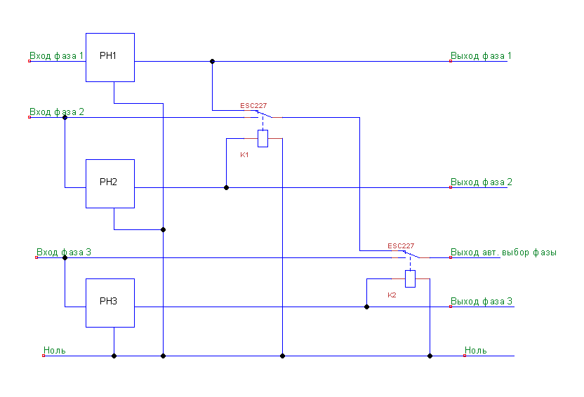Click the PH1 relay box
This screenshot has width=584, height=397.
tap(110, 57)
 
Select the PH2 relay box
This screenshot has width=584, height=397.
tap(110, 183)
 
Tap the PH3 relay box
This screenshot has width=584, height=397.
tap(110, 302)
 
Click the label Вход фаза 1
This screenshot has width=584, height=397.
tap(57, 55)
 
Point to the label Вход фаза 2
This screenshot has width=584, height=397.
tap(57, 112)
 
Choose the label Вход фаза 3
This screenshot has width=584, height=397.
tap(64, 252)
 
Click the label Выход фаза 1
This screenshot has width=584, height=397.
tap(481, 55)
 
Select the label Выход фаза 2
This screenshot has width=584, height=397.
tap(481, 182)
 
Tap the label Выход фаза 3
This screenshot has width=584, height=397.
tap(481, 301)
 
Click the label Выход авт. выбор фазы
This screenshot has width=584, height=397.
tap(503, 252)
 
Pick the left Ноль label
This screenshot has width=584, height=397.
tap(54, 350)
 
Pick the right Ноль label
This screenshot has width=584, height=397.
tap(475, 350)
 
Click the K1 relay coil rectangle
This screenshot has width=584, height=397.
tap(263, 139)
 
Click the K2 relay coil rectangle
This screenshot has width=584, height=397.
tap(410, 279)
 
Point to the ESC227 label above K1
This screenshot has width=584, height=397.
tap(253, 106)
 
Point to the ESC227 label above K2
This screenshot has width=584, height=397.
tap(401, 246)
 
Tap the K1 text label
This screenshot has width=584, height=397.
tap(244, 154)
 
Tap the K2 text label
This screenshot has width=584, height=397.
tap(392, 295)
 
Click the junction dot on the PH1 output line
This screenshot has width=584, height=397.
tap(212, 61)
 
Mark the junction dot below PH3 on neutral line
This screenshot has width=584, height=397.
tap(114, 356)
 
